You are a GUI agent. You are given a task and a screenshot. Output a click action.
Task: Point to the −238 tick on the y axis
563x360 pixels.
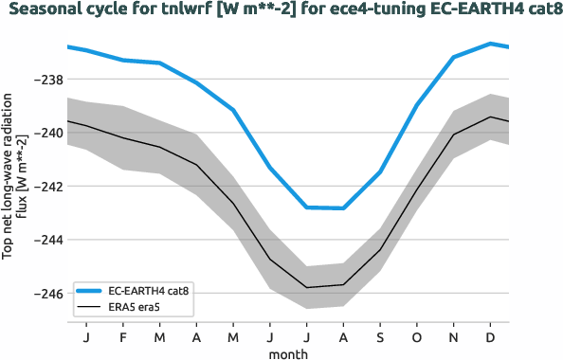click(x=47, y=80)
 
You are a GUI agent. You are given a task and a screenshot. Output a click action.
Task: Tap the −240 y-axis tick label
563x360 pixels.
click(x=47, y=134)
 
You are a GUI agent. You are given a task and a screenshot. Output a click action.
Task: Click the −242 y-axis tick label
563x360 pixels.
click(x=47, y=187)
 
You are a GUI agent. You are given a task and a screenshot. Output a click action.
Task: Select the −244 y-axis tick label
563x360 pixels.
click(x=47, y=241)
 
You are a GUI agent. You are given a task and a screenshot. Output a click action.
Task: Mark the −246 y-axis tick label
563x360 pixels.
click(x=47, y=294)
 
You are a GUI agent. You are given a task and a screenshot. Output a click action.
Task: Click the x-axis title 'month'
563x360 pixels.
click(x=287, y=351)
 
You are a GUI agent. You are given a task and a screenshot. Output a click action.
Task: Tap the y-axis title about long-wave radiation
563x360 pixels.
click(x=13, y=176)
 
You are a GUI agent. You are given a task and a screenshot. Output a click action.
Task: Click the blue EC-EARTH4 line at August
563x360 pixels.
click(x=343, y=207)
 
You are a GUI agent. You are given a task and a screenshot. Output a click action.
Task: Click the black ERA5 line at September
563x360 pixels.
click(x=380, y=250)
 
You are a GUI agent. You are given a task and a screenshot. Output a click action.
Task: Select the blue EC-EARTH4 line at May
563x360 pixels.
click(x=233, y=110)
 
